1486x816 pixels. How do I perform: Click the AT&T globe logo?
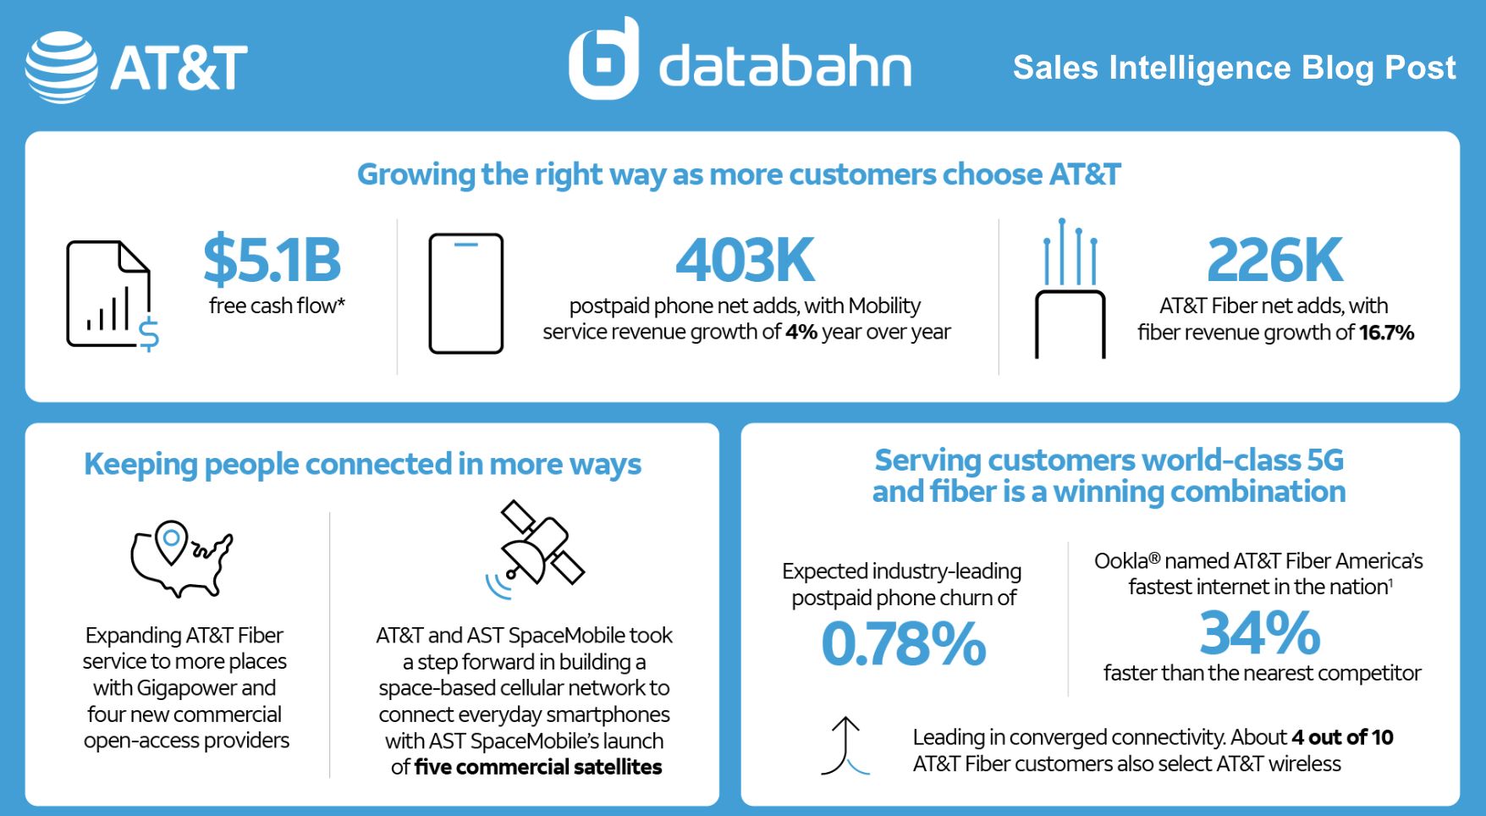pos(61,68)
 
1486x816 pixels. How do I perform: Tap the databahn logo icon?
pos(603,59)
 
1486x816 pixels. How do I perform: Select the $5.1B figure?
pos(272,261)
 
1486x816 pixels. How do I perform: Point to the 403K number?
pos(745,261)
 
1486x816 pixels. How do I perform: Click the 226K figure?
pos(1274,261)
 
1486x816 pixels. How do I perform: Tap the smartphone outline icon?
pos(465,293)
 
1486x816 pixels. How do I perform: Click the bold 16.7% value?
pos(1386,333)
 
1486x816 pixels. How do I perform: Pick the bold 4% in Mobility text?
pos(801,332)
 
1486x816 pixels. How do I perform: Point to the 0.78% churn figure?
pos(903,644)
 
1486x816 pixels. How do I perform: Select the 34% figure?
pos(1259,633)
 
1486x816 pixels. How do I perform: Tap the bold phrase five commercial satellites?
pos(538,768)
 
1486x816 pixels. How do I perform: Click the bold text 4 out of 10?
pos(1342,737)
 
